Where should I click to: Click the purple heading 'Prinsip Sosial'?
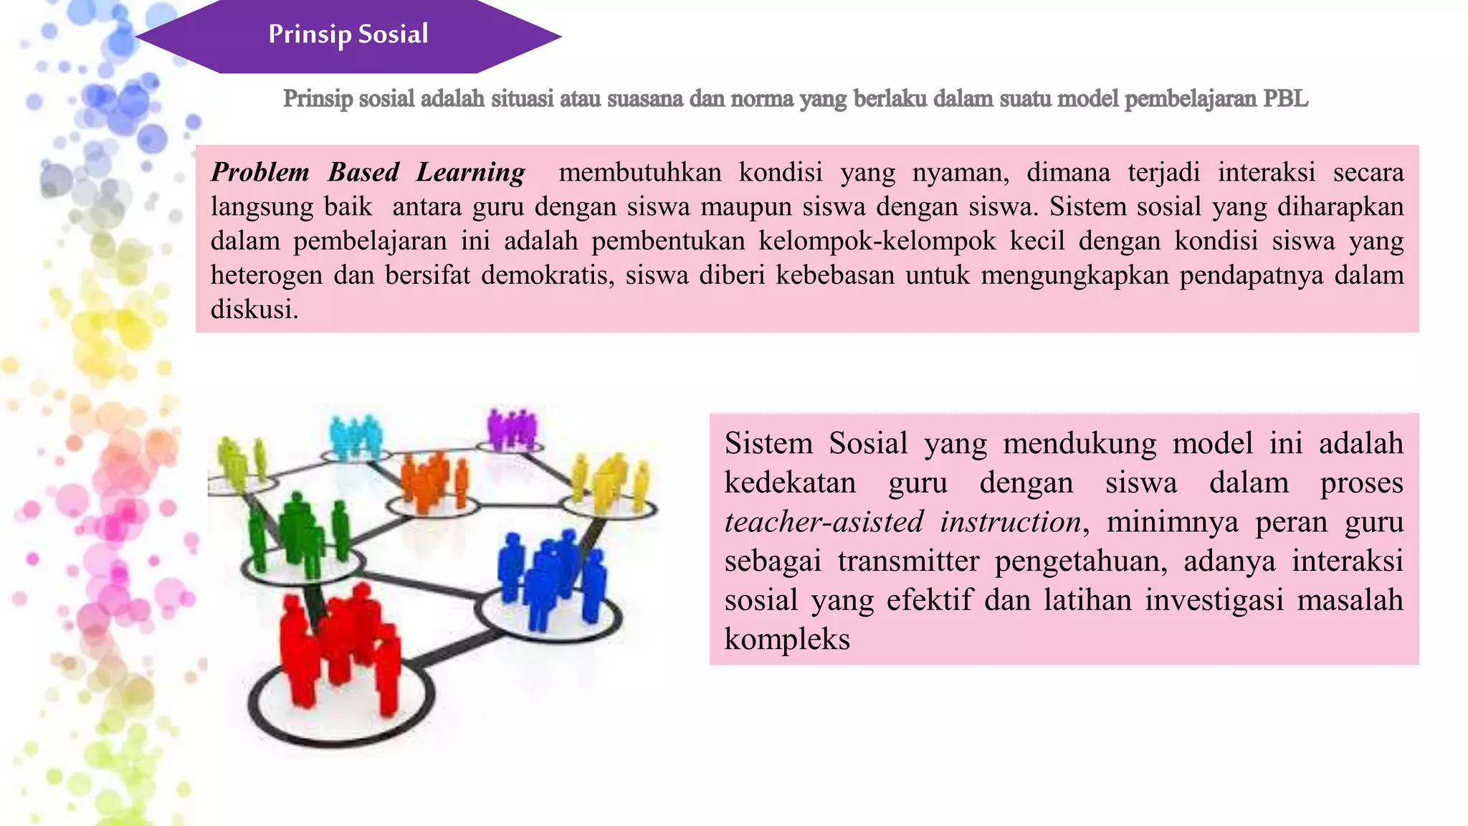tap(348, 34)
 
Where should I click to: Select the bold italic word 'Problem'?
tap(260, 173)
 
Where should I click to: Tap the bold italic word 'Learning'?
tap(471, 173)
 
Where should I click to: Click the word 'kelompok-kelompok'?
tap(877, 241)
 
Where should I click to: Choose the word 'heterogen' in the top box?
tap(266, 275)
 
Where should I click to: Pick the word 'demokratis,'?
tap(548, 275)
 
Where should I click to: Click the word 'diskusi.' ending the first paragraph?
tap(254, 310)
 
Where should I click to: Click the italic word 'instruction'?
tap(1011, 522)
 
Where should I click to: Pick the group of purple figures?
tap(512, 429)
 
